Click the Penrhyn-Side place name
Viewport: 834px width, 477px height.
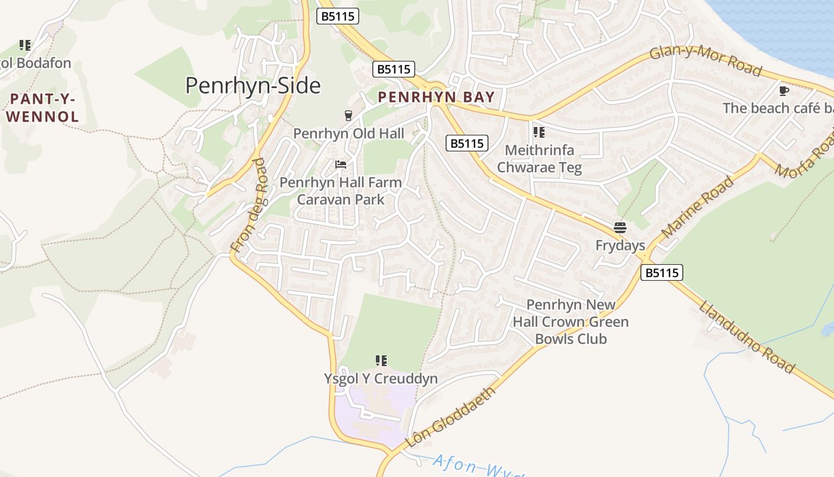click(253, 86)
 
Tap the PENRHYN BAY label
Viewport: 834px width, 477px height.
click(436, 97)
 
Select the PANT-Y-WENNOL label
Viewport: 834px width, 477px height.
click(42, 108)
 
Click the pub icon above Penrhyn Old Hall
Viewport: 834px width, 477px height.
click(348, 116)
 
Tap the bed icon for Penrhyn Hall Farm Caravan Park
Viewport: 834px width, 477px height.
click(341, 165)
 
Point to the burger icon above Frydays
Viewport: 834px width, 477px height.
click(620, 228)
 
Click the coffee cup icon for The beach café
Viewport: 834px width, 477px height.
click(784, 91)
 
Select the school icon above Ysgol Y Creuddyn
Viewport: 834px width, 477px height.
click(381, 361)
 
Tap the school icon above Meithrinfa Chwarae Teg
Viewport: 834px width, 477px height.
click(539, 132)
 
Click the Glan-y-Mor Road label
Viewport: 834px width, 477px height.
click(705, 61)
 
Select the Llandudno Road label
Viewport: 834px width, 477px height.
click(746, 337)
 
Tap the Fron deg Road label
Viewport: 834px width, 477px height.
click(248, 205)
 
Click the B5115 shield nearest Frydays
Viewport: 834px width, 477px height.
click(662, 273)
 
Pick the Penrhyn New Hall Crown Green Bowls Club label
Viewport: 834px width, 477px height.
click(571, 322)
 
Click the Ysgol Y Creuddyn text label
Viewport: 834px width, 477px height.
click(380, 379)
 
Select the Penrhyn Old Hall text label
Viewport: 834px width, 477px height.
click(348, 134)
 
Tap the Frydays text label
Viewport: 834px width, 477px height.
click(620, 246)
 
